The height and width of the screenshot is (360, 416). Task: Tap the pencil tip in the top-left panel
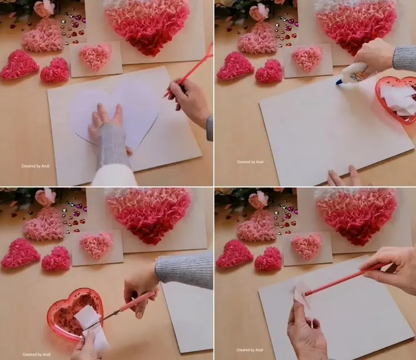point(163,98)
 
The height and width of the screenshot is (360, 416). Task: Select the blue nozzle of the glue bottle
point(339,82)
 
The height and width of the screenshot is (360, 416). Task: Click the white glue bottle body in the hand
point(354,71)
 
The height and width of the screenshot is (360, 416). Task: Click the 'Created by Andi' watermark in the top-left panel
point(35,166)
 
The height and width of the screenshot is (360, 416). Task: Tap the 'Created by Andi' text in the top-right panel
point(250,161)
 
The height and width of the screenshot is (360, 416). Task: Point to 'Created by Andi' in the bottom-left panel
point(37,354)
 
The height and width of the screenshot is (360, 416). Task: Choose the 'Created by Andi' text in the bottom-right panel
point(250,350)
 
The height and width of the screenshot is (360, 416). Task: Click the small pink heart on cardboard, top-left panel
point(95,58)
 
